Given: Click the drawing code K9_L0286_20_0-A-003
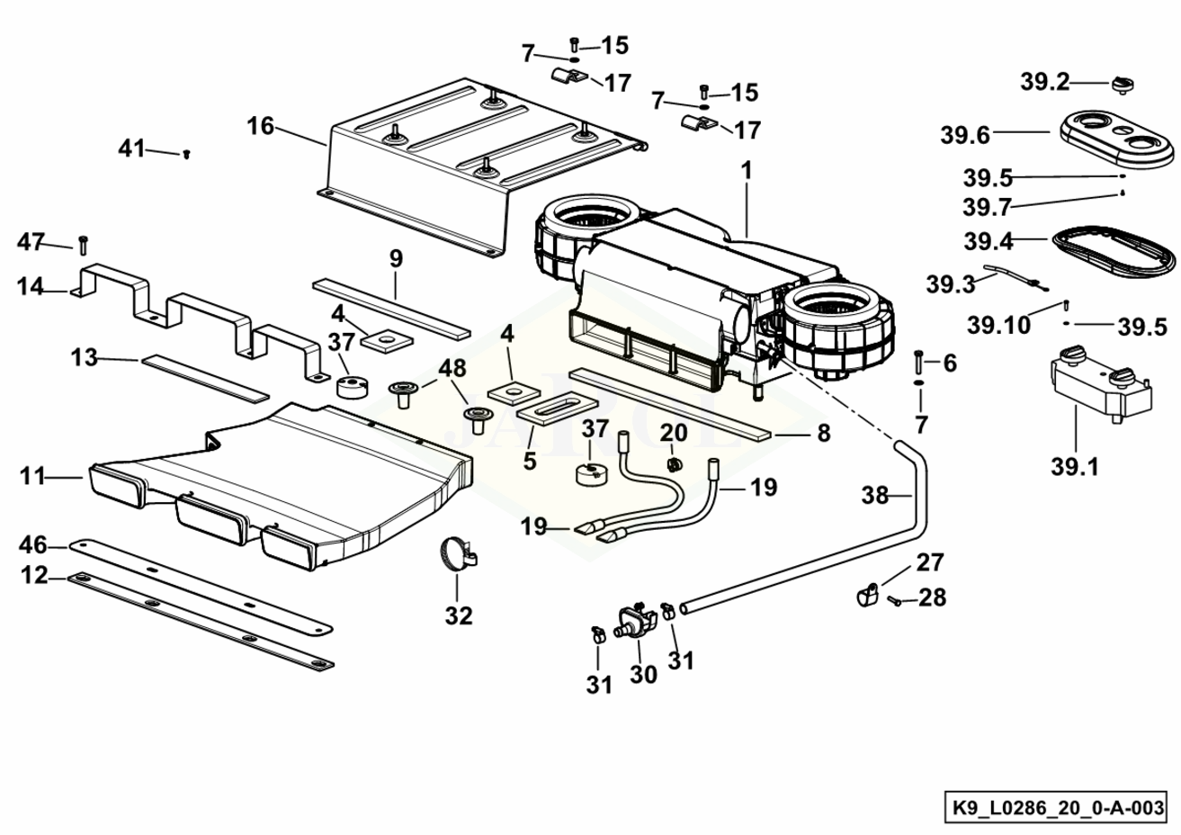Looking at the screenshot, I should pyautogui.click(x=1057, y=807).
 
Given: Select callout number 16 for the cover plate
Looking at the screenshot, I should pyautogui.click(x=261, y=126).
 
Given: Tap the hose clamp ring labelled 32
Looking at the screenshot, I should pyautogui.click(x=458, y=553).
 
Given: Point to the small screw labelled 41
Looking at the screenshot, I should pyautogui.click(x=186, y=155).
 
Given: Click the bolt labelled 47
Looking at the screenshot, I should pyautogui.click(x=83, y=244).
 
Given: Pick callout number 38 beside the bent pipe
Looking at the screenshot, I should pyautogui.click(x=875, y=495).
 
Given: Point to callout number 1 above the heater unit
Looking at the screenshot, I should pyautogui.click(x=746, y=170).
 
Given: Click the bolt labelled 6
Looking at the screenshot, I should pyautogui.click(x=918, y=362).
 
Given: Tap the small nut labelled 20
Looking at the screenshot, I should pyautogui.click(x=672, y=463).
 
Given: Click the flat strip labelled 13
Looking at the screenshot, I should pyautogui.click(x=205, y=377).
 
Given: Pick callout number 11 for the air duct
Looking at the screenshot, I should pyautogui.click(x=32, y=476).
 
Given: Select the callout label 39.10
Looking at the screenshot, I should pyautogui.click(x=999, y=325).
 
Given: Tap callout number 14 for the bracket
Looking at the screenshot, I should pyautogui.click(x=30, y=287).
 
